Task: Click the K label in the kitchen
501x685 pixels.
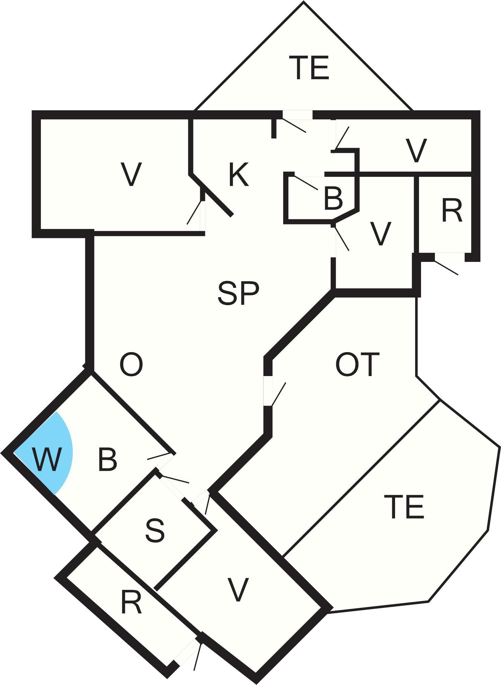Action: (239, 175)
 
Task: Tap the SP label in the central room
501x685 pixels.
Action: (238, 293)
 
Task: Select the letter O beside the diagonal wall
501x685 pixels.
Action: (131, 365)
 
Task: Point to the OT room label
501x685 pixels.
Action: (358, 364)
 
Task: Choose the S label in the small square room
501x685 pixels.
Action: (155, 531)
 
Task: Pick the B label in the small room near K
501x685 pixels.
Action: (333, 199)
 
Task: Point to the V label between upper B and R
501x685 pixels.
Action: (380, 234)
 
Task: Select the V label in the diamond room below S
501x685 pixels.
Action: (238, 590)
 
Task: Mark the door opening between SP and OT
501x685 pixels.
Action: (268, 391)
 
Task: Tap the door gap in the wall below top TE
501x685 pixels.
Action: (297, 115)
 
